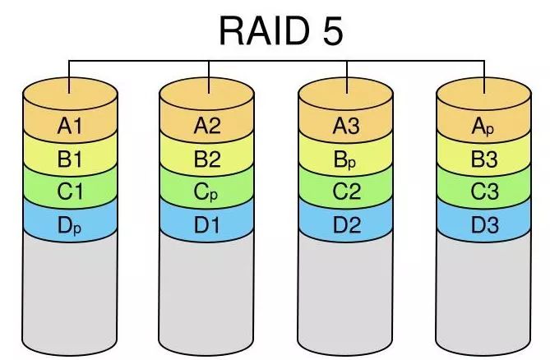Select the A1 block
pos(70,126)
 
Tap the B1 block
pos(70,159)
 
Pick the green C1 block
pos(70,192)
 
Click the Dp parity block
pos(70,224)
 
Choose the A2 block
pos(208,126)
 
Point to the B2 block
pos(208,159)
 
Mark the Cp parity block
pos(208,192)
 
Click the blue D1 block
pos(208,224)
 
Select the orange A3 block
pos(346,126)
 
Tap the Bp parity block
pos(346,159)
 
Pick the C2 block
pos(346,192)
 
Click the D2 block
pos(346,224)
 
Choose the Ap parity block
pos(484,126)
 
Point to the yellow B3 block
pos(484,159)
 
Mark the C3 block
pos(484,192)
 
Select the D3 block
pos(484,224)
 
